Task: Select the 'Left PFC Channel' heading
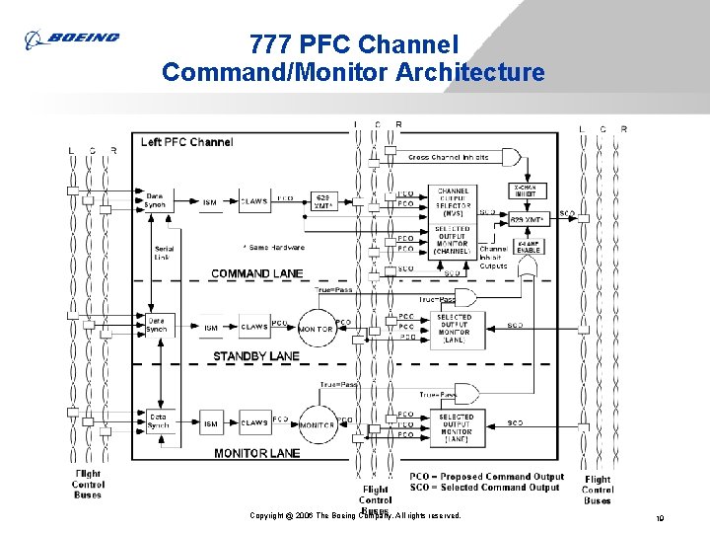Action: pos(186,142)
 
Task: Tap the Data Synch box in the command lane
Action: pos(155,201)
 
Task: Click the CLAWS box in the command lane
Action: pos(254,202)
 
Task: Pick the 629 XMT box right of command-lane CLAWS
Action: pos(322,201)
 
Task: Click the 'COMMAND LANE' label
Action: pos(256,273)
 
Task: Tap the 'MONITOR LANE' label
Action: pos(256,453)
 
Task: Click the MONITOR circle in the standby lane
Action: pos(316,328)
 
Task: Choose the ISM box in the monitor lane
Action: pos(210,423)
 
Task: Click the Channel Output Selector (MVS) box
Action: pos(454,201)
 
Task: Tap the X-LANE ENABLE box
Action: pos(529,247)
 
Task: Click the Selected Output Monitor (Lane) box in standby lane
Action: pos(455,328)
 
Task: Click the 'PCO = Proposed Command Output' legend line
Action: pos(486,477)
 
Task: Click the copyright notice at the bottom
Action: pos(355,516)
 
